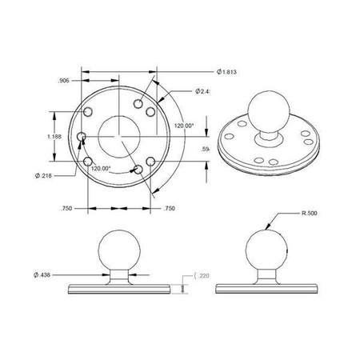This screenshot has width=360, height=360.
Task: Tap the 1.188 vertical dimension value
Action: (55, 137)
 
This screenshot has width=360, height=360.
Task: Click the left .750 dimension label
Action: (66, 208)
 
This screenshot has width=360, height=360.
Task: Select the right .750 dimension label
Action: (168, 208)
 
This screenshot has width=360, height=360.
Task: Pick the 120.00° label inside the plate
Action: (100, 169)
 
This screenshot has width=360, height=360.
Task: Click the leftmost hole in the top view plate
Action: (82, 137)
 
